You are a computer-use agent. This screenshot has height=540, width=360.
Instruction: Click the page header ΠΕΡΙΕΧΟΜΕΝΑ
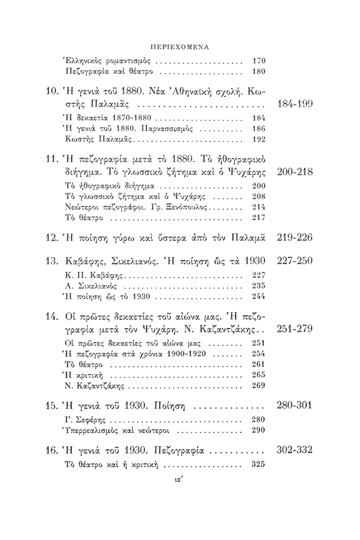point(179,47)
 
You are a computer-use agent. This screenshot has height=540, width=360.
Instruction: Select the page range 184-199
point(294,103)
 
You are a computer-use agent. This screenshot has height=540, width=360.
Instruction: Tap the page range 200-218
point(294,173)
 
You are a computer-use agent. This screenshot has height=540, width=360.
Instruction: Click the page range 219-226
point(294,238)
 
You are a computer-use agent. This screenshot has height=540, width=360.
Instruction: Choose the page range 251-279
point(294,329)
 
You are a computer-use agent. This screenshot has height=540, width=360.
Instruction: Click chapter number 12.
point(52,238)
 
